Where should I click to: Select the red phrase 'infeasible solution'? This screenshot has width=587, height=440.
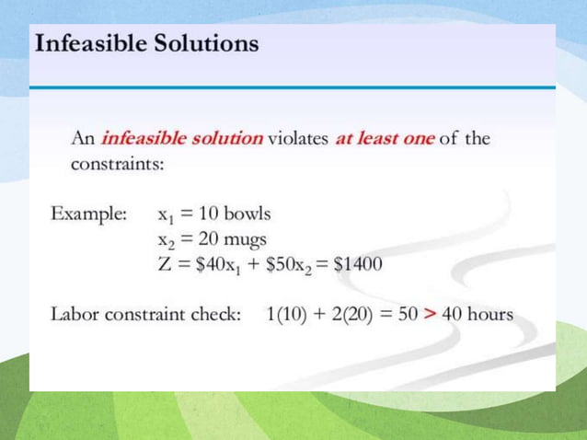tap(181, 139)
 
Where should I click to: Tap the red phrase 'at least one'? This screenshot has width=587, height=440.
tap(385, 139)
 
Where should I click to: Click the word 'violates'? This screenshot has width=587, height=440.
tap(299, 139)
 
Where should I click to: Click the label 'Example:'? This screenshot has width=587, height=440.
tap(88, 214)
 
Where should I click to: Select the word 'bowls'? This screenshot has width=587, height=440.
tap(248, 214)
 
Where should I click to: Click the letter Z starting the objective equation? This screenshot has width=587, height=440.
tap(165, 264)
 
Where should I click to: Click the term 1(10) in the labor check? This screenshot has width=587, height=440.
tap(286, 314)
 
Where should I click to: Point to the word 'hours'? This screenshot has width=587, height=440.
tap(489, 314)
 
